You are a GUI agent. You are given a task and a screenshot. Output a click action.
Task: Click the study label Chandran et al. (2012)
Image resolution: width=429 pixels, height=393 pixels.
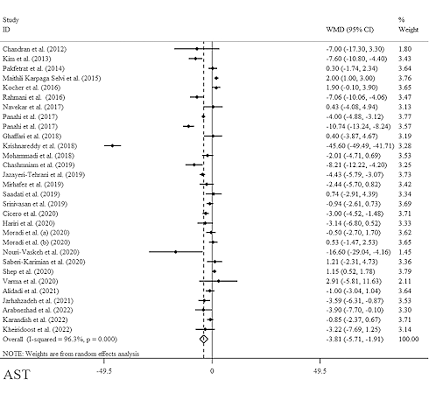[x=34, y=49]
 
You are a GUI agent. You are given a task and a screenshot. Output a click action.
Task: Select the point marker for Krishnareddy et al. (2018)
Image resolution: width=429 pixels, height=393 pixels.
[x=113, y=145]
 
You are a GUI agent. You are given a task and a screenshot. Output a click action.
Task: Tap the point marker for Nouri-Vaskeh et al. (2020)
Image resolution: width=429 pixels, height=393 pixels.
[x=175, y=252]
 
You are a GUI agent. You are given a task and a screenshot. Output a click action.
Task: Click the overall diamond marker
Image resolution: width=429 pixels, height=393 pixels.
[x=204, y=340]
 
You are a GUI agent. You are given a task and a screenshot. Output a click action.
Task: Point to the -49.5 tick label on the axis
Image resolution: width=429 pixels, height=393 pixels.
[x=104, y=371]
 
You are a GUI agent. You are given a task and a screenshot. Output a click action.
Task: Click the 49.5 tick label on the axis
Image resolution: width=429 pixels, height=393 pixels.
[x=320, y=371]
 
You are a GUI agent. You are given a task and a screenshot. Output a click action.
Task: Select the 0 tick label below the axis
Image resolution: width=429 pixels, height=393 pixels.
[x=212, y=371]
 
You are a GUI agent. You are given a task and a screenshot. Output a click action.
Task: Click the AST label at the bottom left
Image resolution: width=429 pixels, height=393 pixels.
[x=17, y=375]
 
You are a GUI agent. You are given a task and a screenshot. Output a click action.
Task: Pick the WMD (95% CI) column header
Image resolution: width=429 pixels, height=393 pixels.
[x=349, y=30]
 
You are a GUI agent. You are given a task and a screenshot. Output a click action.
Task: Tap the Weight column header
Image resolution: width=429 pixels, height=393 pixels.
[x=408, y=30]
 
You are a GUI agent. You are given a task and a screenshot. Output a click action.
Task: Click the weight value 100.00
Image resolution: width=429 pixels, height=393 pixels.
[x=408, y=340]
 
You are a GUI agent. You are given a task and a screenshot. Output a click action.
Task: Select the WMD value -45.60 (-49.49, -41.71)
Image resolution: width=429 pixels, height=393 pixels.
[x=360, y=145]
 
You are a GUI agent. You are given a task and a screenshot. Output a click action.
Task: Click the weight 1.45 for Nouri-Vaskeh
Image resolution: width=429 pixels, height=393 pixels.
[x=404, y=252]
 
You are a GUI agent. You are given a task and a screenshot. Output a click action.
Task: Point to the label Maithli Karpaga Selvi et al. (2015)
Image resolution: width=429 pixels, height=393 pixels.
[x=52, y=78]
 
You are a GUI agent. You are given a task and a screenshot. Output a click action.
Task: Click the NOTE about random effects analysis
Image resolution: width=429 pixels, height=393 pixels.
[x=71, y=354]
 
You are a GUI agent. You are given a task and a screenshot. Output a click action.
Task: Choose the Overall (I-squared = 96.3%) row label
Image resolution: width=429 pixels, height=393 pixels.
[x=60, y=340]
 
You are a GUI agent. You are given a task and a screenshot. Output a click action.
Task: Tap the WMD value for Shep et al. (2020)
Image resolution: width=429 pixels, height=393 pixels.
[x=350, y=271]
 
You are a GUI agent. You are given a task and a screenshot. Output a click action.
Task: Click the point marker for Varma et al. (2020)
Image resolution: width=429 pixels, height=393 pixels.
[x=218, y=281]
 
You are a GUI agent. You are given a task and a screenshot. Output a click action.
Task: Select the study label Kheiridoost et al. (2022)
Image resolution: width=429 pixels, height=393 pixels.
[x=37, y=330]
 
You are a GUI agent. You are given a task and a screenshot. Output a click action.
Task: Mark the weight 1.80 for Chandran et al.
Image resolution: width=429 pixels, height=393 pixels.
[x=404, y=49]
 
